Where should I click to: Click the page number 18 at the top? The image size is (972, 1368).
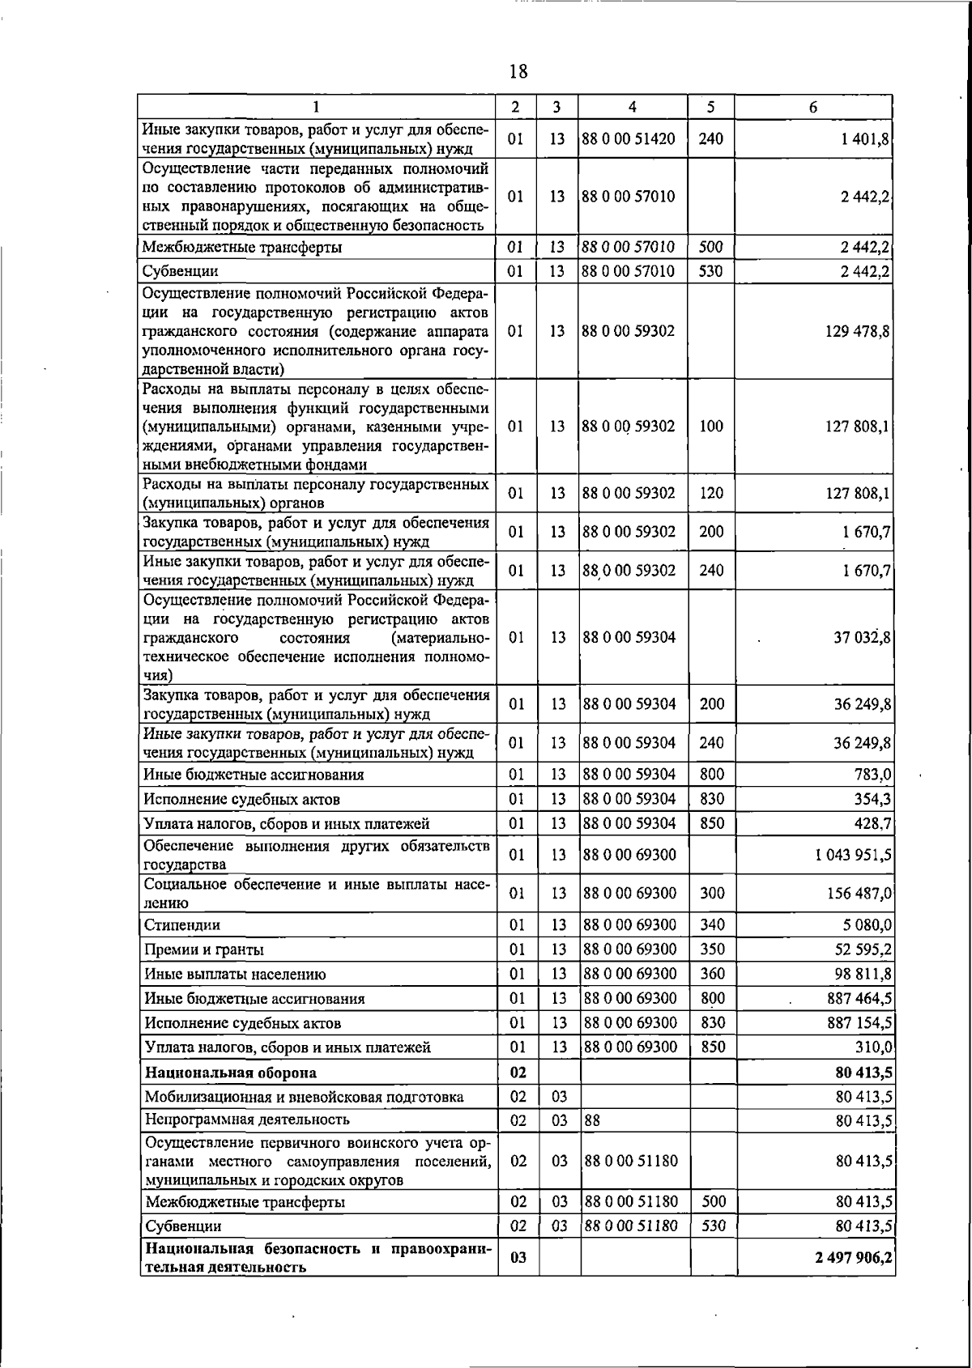[518, 72]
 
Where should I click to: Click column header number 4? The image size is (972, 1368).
[633, 107]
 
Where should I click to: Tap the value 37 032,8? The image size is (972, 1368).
[863, 637]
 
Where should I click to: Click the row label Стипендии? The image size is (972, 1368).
[182, 924]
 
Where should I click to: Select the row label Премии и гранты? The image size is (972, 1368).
[204, 950]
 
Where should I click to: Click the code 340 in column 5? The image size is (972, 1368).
[712, 924]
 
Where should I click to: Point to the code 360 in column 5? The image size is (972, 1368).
[712, 974]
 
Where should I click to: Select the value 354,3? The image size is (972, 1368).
[873, 799]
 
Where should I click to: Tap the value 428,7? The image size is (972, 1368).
[873, 823]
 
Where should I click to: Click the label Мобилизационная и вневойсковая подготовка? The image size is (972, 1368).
[305, 1097]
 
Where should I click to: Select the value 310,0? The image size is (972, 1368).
[873, 1047]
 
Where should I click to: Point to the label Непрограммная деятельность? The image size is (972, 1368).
[247, 1119]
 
